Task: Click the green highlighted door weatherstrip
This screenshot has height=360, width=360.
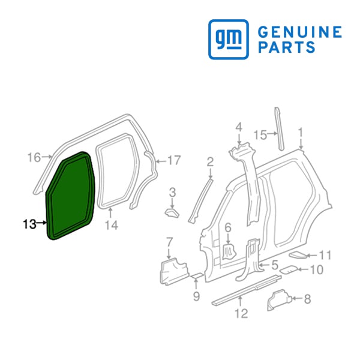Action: pyautogui.click(x=71, y=196)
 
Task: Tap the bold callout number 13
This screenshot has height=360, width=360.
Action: pyautogui.click(x=29, y=224)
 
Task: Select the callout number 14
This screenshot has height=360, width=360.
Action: pyautogui.click(x=112, y=225)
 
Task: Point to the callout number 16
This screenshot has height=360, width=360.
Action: pyautogui.click(x=34, y=157)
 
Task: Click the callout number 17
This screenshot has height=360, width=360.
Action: pyautogui.click(x=174, y=160)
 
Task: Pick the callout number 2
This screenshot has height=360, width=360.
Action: pyautogui.click(x=210, y=162)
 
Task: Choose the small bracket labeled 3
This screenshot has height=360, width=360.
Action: pyautogui.click(x=172, y=213)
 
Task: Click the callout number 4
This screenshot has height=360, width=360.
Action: pyautogui.click(x=239, y=127)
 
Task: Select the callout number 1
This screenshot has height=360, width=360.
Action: pyautogui.click(x=301, y=133)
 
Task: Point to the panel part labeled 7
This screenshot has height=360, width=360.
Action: pyautogui.click(x=174, y=271)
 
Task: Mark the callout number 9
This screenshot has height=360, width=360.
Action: pyautogui.click(x=196, y=296)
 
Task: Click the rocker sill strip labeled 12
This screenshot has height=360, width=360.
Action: pyautogui.click(x=247, y=290)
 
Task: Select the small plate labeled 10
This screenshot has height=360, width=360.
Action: pyautogui.click(x=289, y=269)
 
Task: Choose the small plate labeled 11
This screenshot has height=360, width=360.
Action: pyautogui.click(x=298, y=255)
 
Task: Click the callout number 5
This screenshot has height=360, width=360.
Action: pyautogui.click(x=275, y=265)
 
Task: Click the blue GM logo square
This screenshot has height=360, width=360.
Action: pyautogui.click(x=229, y=39)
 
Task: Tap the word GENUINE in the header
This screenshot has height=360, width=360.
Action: pyautogui.click(x=300, y=32)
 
